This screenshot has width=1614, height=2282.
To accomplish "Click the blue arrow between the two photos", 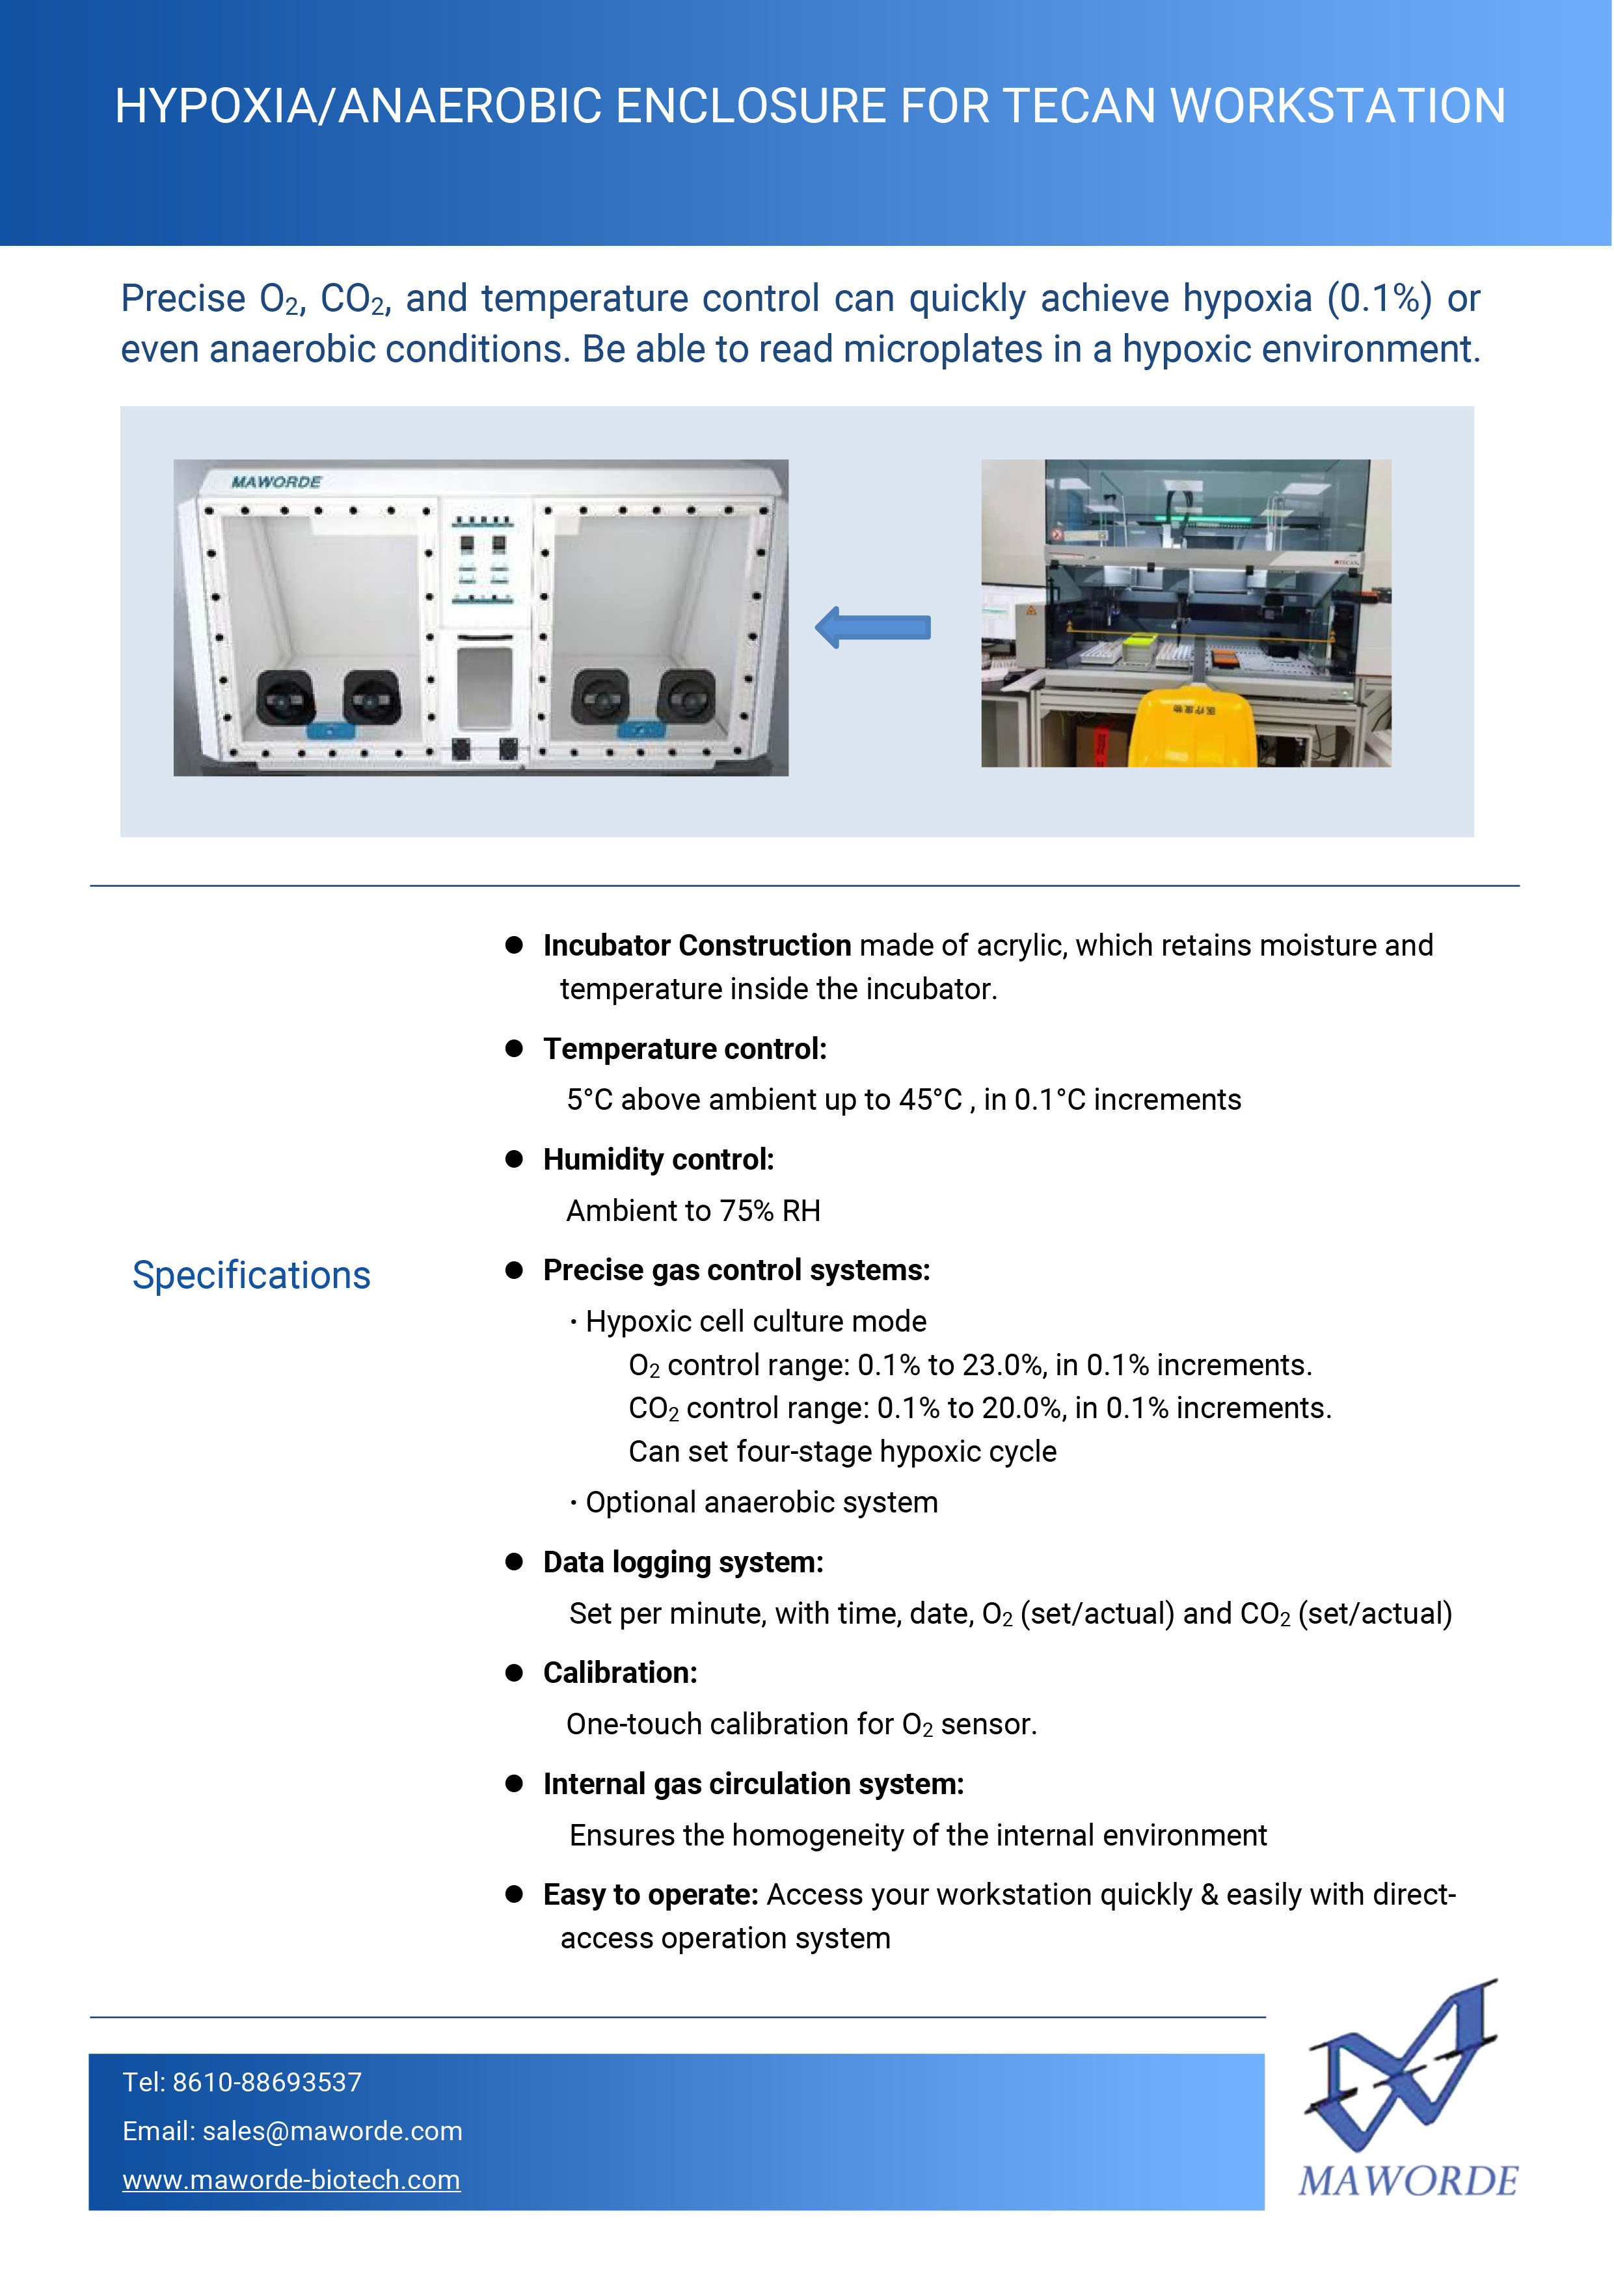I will click(872, 627).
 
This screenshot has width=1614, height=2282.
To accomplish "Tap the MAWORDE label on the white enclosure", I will click(276, 482).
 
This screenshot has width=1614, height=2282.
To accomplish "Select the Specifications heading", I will click(252, 1275).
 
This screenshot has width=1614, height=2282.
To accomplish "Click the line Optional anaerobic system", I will click(761, 1502).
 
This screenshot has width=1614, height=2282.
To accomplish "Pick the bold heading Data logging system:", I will click(683, 1563).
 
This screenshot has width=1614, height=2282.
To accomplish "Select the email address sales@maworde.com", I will click(332, 2131).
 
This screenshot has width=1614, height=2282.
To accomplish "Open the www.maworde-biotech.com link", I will click(291, 2180).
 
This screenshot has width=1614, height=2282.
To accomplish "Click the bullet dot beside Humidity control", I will click(514, 1159).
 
